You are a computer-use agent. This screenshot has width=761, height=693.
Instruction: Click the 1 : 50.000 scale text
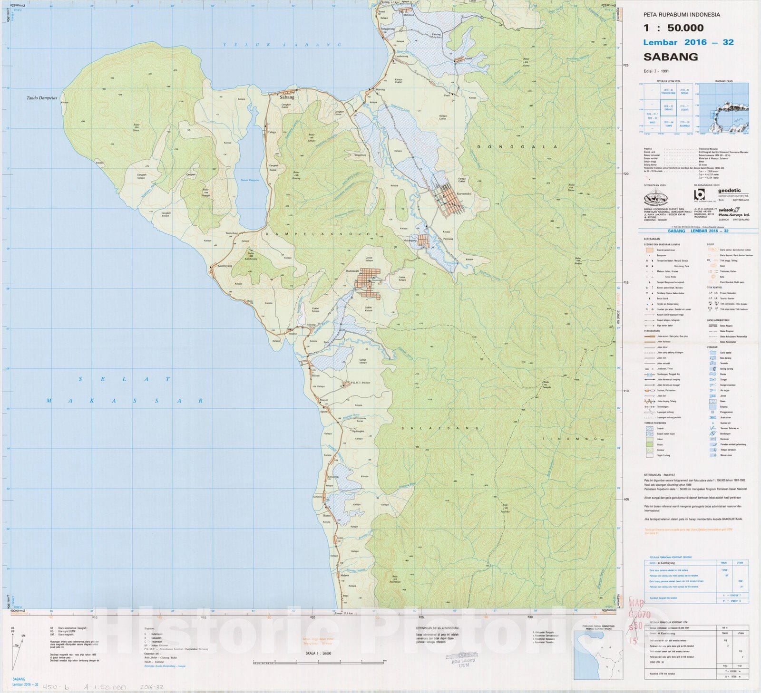click(x=673, y=28)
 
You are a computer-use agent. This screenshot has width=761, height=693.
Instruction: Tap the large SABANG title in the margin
click(x=671, y=57)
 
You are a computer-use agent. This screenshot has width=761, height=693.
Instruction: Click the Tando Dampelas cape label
click(x=42, y=98)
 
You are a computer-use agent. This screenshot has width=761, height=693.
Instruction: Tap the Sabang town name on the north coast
click(x=287, y=97)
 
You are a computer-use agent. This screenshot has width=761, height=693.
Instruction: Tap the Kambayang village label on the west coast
click(x=224, y=266)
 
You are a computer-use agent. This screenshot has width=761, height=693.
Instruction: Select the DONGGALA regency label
click(x=517, y=147)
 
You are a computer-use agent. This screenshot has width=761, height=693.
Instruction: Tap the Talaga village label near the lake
click(x=272, y=132)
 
